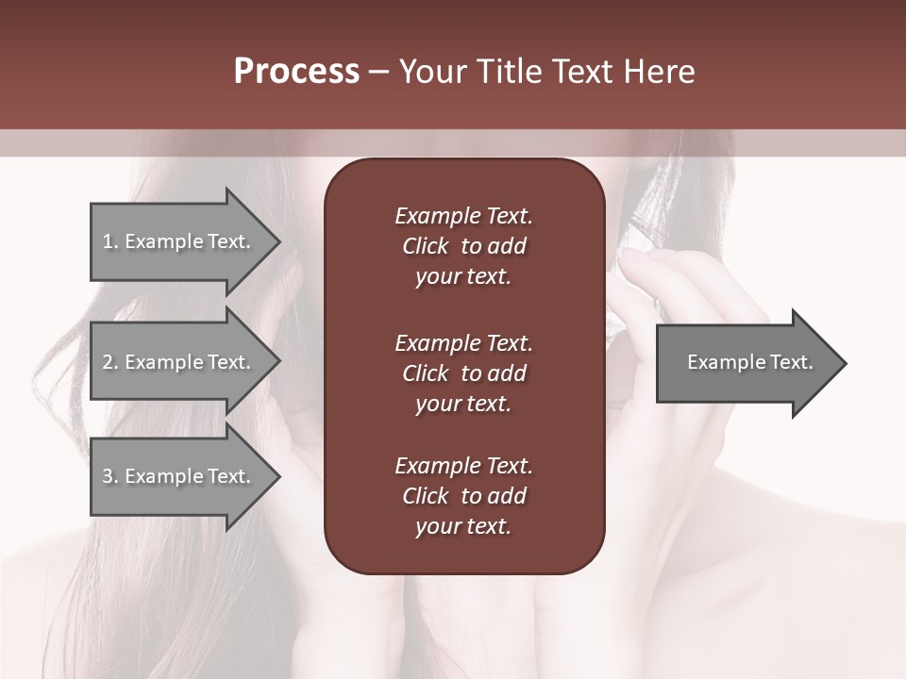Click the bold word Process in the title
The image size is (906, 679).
(296, 72)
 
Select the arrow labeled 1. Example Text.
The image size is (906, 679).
(179, 241)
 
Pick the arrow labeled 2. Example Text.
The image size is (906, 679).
(179, 362)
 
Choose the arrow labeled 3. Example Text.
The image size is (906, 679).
(179, 476)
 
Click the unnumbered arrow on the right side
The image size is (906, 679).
(746, 362)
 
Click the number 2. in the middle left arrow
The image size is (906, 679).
(110, 362)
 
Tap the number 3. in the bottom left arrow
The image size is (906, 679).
(110, 476)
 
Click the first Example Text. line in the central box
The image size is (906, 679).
(463, 216)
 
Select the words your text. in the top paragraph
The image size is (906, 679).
(463, 277)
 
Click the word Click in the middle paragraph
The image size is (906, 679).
(426, 373)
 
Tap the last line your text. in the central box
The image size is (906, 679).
(463, 527)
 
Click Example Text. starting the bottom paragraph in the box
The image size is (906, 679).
(463, 466)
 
